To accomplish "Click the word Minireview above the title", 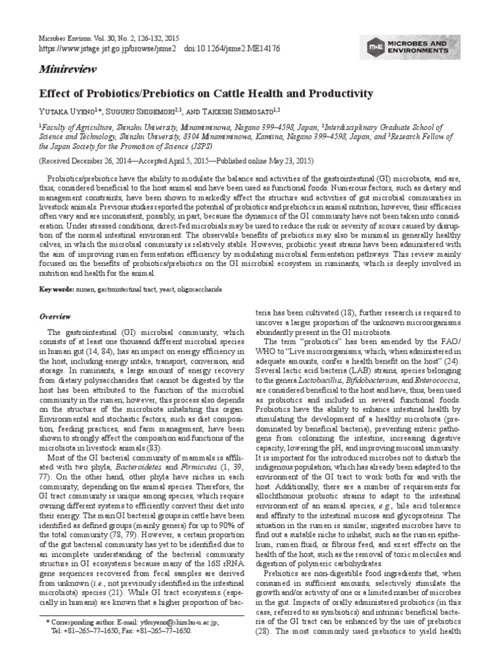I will click(64, 68).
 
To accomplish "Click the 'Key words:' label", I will click(57, 288).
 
